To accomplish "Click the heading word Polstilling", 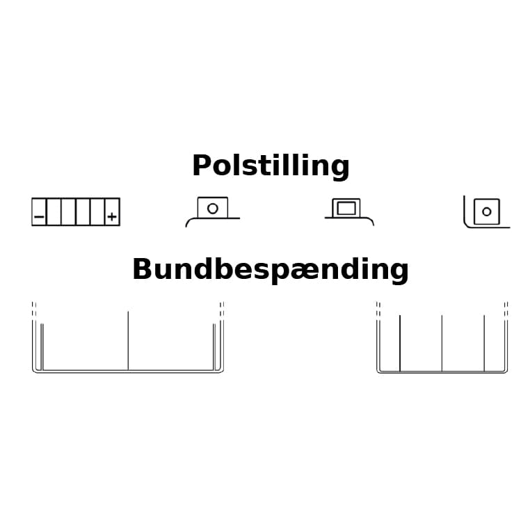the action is pyautogui.click(x=271, y=166).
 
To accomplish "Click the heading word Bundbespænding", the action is pyautogui.click(x=271, y=270).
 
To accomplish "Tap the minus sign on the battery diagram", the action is pyautogui.click(x=39, y=216).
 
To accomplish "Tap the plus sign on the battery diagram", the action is pyautogui.click(x=112, y=216).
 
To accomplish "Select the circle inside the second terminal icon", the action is pyautogui.click(x=213, y=209).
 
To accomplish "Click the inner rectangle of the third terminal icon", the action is pyautogui.click(x=346, y=208).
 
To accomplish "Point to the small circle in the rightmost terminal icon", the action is pyautogui.click(x=487, y=212).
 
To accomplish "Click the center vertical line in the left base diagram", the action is pyautogui.click(x=128, y=341).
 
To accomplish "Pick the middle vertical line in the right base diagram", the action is pyautogui.click(x=442, y=343).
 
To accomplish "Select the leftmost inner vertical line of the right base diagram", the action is pyautogui.click(x=400, y=343).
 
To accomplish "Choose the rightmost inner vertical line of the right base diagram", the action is pyautogui.click(x=484, y=343).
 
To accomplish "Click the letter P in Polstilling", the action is pyautogui.click(x=202, y=166).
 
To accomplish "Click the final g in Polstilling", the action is pyautogui.click(x=340, y=170).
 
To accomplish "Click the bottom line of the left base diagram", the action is pyautogui.click(x=128, y=371).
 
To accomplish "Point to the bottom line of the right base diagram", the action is pyautogui.click(x=442, y=372).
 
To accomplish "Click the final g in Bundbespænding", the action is pyautogui.click(x=399, y=274).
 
